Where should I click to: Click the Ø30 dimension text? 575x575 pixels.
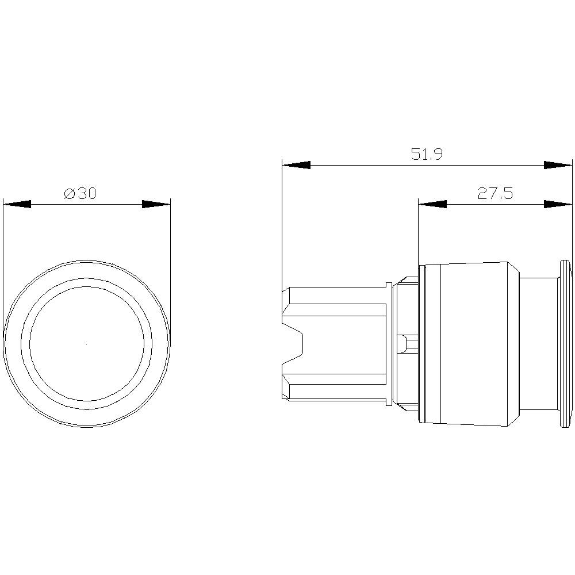click(80, 194)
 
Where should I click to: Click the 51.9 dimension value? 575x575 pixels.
click(427, 154)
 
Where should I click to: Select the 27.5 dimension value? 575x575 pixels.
click(495, 194)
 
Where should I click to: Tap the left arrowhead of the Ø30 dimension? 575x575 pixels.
click(17, 204)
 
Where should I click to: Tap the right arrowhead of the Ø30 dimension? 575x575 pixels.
click(156, 204)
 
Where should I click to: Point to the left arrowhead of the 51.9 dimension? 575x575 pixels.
click(296, 165)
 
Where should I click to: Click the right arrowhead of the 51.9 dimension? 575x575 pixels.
click(558, 165)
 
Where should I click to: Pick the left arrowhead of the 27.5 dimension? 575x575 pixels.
click(432, 204)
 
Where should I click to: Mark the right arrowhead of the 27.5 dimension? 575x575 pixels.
click(558, 204)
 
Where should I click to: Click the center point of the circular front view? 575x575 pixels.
click(86, 344)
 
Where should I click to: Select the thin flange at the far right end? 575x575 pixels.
click(563, 344)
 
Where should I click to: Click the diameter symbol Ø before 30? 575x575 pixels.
click(70, 194)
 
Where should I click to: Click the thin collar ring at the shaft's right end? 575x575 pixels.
click(388, 344)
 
